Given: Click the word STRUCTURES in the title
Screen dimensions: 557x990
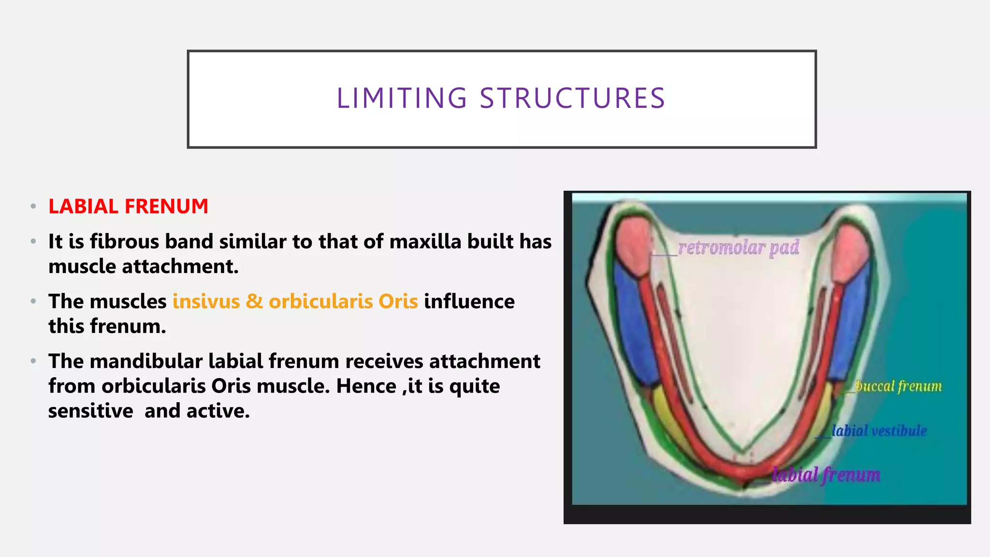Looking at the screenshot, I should pos(572,99).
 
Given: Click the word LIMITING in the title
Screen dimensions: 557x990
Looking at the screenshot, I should pos(402,99).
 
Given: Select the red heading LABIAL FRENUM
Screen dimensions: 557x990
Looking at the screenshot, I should pos(128,206).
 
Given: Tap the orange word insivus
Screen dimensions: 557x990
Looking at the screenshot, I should pos(206,301).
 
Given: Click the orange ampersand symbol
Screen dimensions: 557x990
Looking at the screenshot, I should pos(254,301).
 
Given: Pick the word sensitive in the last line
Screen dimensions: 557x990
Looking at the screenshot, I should pos(90,411).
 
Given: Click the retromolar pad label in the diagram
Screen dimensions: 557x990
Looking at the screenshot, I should pos(738,248).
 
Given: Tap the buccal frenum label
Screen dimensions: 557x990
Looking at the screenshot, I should pos(898,386).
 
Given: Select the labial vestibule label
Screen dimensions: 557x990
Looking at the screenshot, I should pos(879,430).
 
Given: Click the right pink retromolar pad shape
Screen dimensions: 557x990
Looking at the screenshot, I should pos(853,251).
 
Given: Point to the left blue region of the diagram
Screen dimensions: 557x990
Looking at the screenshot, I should pos(633,329).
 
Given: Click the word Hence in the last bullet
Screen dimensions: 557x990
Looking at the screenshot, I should pos(366,386).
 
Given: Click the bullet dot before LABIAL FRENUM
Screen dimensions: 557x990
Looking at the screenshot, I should pos(33,206).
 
